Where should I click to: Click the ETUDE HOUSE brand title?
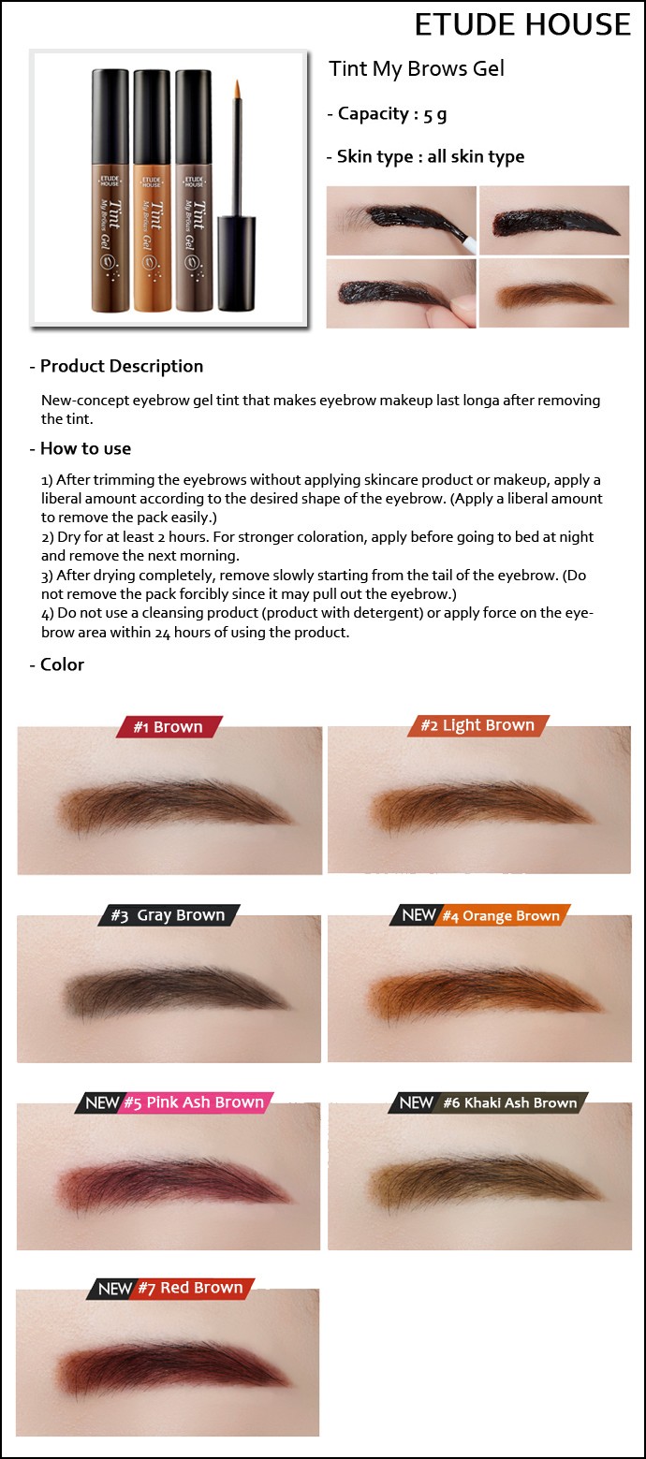[x=522, y=24]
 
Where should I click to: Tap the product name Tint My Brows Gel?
[x=416, y=68]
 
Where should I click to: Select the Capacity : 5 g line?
[x=387, y=114]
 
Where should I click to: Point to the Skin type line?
[x=425, y=156]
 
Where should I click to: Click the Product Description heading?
[x=116, y=366]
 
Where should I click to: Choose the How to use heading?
[x=81, y=448]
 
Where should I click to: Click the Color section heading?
[x=57, y=664]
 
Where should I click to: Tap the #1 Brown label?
[x=169, y=727]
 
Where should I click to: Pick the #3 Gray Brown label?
[x=169, y=915]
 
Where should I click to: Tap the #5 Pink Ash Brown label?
[x=174, y=1102]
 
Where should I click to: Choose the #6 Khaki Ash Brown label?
[x=489, y=1102]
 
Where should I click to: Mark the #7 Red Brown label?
[x=170, y=1288]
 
